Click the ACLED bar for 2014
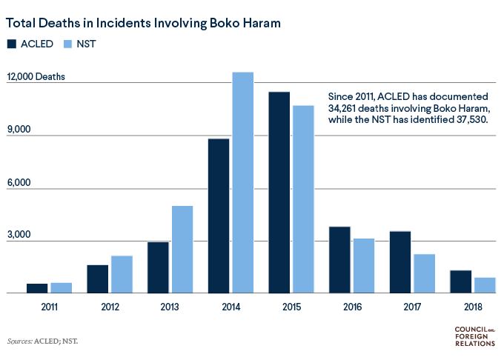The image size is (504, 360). (219, 216)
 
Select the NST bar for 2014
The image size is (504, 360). (243, 182)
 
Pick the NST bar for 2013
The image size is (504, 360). (182, 249)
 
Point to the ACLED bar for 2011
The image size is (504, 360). (37, 288)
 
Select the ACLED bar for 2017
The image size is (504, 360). (400, 262)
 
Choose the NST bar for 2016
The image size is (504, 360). (364, 266)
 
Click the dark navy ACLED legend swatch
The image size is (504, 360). (13, 44)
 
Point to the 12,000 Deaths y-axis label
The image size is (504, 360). (36, 77)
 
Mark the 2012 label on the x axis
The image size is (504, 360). (109, 304)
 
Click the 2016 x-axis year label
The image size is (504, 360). (351, 304)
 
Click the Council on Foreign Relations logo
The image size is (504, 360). (474, 337)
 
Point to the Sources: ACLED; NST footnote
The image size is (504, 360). (42, 341)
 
